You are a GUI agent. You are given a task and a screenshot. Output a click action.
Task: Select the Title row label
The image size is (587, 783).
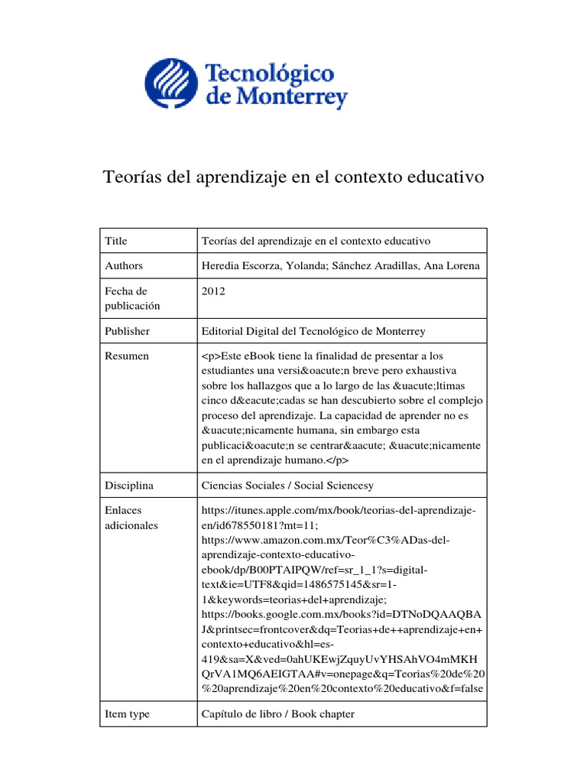116,241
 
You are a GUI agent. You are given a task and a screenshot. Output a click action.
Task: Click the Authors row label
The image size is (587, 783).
124,266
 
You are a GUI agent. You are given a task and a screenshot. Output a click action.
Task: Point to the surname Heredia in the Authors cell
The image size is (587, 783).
221,266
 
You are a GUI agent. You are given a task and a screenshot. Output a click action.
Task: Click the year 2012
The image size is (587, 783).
213,291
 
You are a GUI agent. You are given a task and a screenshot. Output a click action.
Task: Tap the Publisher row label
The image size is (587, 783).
127,331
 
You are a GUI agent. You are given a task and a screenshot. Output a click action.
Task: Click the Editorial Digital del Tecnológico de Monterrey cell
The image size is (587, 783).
313,331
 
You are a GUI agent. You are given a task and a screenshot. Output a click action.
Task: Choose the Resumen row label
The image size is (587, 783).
127,356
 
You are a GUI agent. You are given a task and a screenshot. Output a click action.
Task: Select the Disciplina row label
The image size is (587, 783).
129,486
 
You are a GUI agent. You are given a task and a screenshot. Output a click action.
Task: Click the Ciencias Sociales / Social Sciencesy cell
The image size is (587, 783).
287,486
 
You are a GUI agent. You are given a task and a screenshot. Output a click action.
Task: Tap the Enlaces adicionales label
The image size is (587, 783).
131,518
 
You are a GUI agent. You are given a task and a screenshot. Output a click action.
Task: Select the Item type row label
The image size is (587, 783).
127,714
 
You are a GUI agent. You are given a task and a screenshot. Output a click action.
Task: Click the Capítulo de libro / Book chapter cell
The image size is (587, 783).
277,714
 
